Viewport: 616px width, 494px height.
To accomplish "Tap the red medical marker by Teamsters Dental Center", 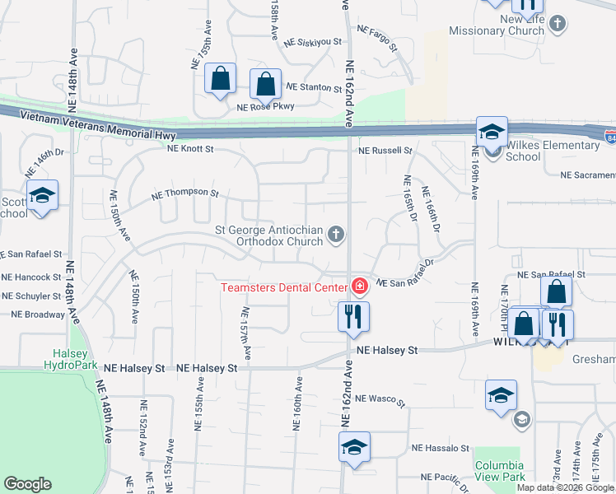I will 359,287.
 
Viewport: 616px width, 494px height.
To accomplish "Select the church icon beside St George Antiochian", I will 335,235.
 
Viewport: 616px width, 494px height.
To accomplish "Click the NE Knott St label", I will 190,149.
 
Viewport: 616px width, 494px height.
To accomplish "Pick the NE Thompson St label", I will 185,195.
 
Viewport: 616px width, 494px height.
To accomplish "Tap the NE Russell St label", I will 385,151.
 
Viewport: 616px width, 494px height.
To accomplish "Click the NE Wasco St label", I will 380,399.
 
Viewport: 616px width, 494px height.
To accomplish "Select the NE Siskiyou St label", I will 312,42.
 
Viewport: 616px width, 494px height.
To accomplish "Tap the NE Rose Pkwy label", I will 265,106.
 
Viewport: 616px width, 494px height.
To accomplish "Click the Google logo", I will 28,484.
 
